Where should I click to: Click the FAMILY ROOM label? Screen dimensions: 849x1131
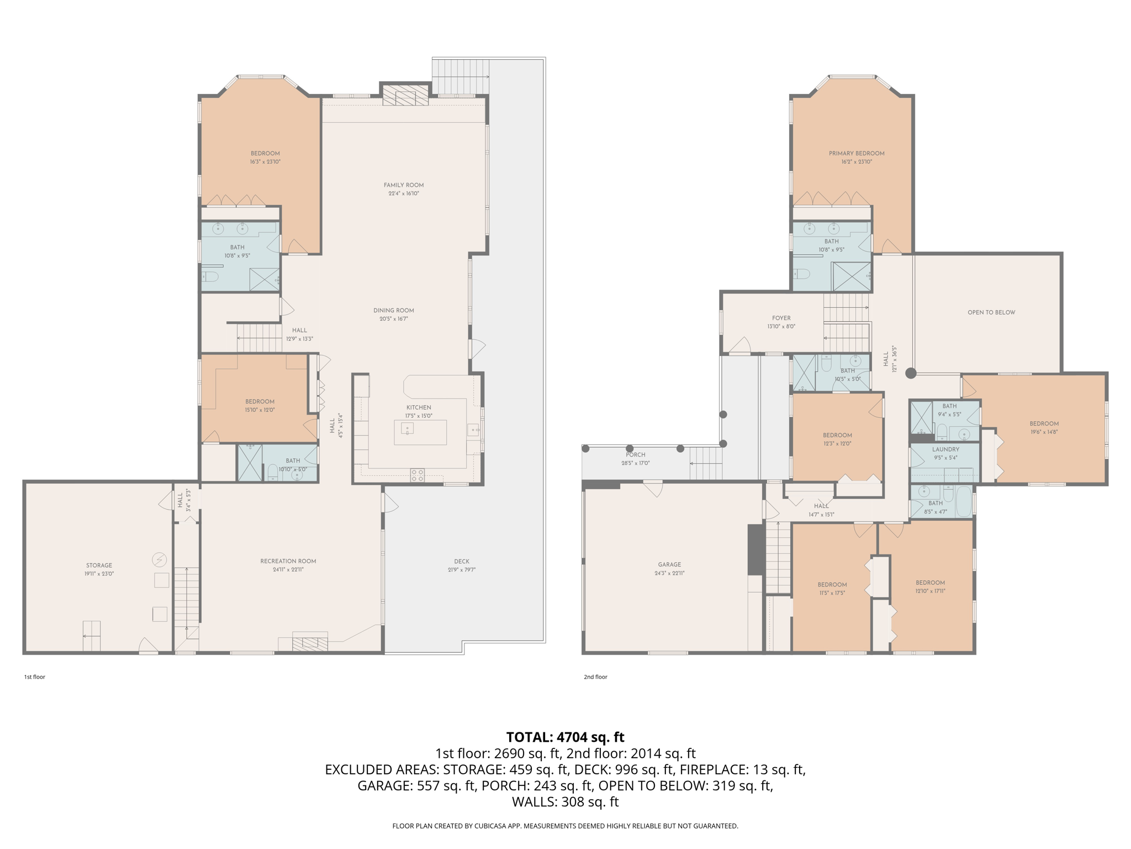(x=404, y=185)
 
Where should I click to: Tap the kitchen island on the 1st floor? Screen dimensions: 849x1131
(x=420, y=432)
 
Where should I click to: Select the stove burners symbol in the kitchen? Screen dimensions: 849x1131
(x=417, y=475)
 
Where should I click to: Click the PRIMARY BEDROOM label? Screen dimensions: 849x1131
(x=857, y=154)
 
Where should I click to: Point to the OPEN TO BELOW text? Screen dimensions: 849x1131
(x=991, y=312)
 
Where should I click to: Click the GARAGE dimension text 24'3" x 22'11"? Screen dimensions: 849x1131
(x=669, y=573)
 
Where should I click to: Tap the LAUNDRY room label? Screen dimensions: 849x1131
(x=945, y=449)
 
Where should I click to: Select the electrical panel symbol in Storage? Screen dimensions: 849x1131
(x=159, y=560)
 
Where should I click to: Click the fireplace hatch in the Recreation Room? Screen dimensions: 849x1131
(x=310, y=644)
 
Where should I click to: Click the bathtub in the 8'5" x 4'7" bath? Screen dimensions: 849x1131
(x=963, y=501)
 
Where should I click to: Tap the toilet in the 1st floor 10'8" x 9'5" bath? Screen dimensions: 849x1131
(x=210, y=276)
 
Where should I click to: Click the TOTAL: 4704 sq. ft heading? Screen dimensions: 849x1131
(x=565, y=737)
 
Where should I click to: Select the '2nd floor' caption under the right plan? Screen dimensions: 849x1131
(x=595, y=677)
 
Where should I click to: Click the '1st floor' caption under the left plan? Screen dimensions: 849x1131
(x=34, y=677)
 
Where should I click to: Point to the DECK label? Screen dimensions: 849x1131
(x=462, y=561)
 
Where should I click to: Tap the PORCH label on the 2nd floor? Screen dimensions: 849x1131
(x=635, y=455)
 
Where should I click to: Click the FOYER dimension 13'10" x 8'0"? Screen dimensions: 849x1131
(x=781, y=327)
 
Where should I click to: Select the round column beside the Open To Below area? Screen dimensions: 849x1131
(x=911, y=374)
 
